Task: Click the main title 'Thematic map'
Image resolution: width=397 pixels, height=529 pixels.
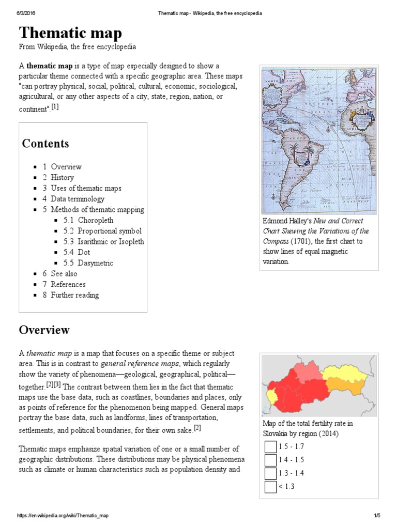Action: [x=70, y=34]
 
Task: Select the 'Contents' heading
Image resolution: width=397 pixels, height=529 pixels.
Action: [x=45, y=143]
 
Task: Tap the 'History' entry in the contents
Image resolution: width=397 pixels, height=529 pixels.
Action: [x=62, y=177]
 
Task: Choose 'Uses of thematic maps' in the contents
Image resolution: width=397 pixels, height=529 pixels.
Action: [x=86, y=188]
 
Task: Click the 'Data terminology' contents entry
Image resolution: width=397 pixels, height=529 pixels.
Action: [x=77, y=199]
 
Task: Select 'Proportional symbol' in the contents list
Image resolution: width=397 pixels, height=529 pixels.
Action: [x=109, y=231]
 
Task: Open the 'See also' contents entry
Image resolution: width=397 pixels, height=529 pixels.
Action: [x=64, y=274]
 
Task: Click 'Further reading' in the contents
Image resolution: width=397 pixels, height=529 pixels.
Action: [x=74, y=295]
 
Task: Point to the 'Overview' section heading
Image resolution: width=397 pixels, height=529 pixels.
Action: [x=44, y=330]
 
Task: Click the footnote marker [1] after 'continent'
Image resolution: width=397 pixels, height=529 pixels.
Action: [x=55, y=107]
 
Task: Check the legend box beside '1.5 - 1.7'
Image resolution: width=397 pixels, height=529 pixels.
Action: [x=270, y=446]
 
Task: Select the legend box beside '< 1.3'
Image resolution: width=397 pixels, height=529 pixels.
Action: [x=270, y=487]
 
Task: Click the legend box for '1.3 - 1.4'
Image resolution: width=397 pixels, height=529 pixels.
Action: [x=270, y=473]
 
